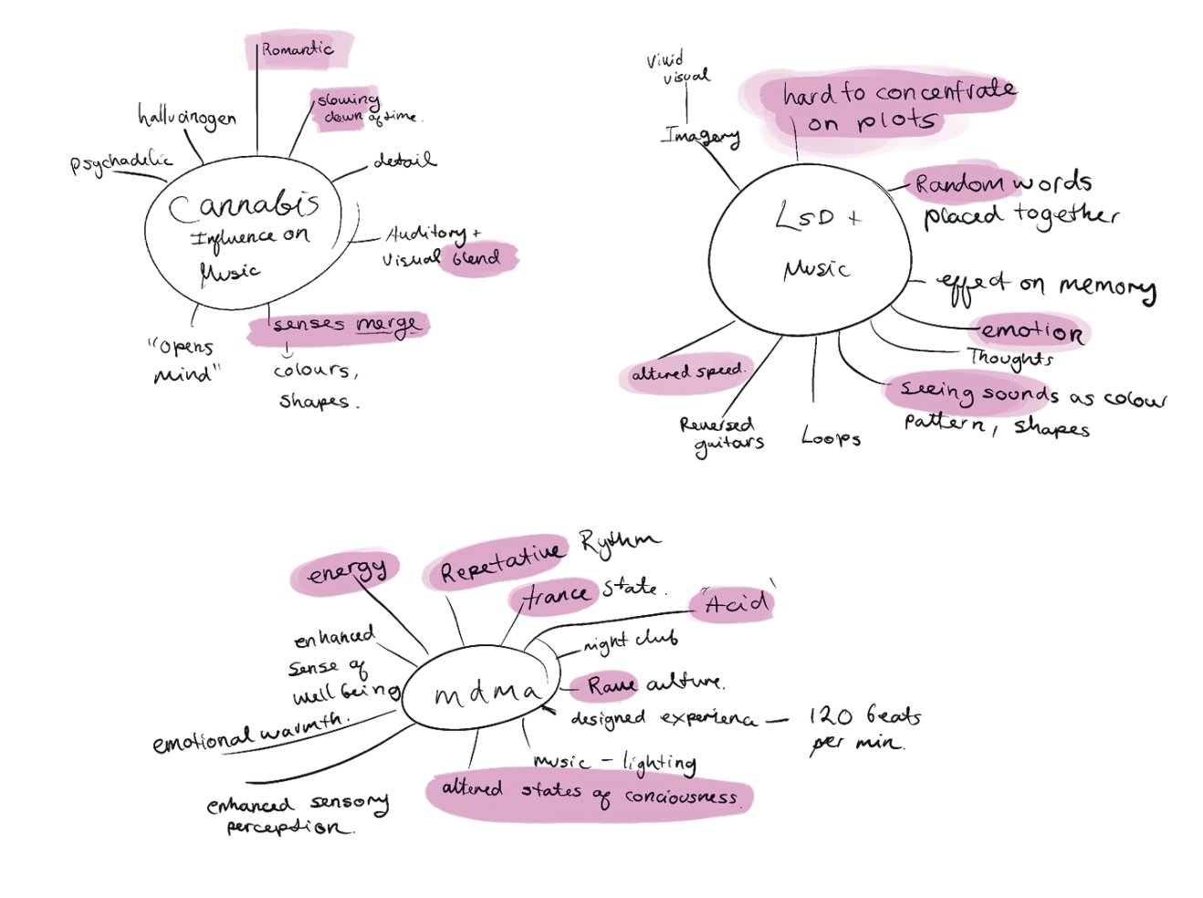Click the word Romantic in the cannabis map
pos(298,49)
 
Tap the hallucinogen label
pos(187,118)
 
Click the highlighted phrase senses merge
pos(346,325)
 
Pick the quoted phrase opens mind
pos(184,360)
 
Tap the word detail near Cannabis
pos(404,162)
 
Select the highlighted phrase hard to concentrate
pos(898,92)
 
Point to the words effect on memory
pos(1046,287)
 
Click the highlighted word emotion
pos(1031,331)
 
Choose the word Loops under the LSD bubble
pos(831,438)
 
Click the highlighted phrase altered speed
pos(687,372)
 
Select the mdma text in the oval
pos(486,694)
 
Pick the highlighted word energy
pos(347,572)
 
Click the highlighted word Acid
pos(736,603)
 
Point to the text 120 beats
pos(864,715)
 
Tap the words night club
pos(631,642)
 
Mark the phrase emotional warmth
pos(248,734)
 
